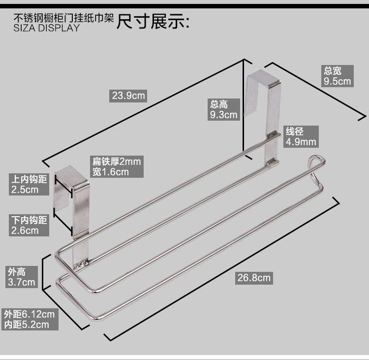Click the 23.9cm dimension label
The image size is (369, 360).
click(129, 95)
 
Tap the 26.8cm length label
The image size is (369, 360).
click(254, 278)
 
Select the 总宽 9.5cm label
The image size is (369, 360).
click(337, 76)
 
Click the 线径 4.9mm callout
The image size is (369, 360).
click(301, 137)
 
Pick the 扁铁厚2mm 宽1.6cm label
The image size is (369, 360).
click(117, 166)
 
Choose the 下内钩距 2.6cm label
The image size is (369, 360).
click(29, 225)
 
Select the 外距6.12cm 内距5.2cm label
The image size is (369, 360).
click(29, 319)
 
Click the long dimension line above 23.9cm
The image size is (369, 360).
click(143, 110)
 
